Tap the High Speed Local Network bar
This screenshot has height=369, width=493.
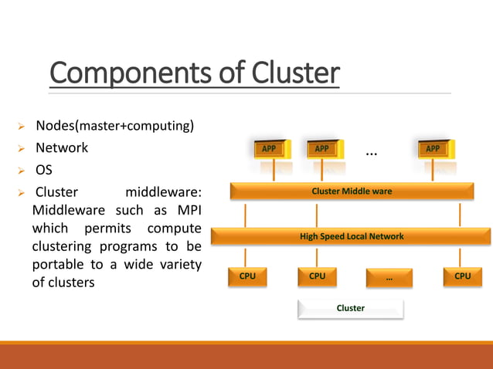point(352,236)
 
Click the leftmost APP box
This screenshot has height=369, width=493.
point(268,149)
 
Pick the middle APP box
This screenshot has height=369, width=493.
point(321,149)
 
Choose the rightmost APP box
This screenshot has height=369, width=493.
point(433,149)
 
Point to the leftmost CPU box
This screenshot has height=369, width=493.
point(247,276)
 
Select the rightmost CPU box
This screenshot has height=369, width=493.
point(462,276)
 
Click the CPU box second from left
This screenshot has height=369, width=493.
point(318,276)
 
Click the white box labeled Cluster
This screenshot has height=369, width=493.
point(350,309)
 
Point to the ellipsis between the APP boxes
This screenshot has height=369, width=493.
point(372,154)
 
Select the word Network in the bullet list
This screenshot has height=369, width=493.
point(62,147)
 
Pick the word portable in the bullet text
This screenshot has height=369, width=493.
point(59,265)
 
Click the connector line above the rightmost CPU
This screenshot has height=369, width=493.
point(460,257)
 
